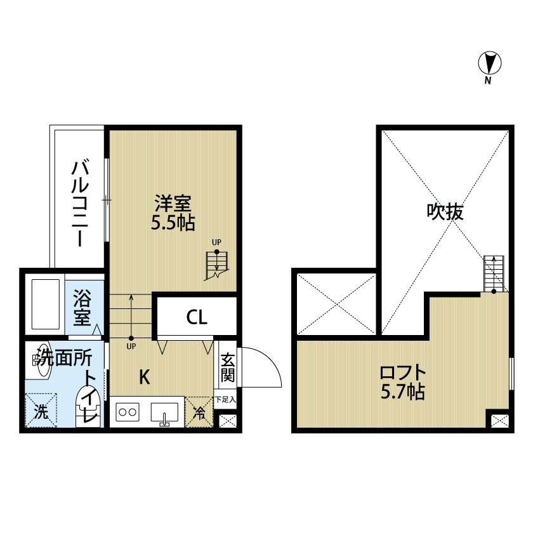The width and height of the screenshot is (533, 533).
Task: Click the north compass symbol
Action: coord(489,63)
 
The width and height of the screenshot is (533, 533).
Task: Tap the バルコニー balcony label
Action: coord(79,203)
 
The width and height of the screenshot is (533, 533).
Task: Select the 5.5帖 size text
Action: coord(173,223)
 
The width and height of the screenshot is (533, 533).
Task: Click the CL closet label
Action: coord(197,317)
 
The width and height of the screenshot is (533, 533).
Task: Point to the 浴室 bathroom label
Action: coord(82,308)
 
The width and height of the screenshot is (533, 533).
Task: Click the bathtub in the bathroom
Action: coord(44,305)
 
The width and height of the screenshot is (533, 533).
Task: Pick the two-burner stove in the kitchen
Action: coord(128,412)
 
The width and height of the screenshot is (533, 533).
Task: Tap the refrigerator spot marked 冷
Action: coord(199,413)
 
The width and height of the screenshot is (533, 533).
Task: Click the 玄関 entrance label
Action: coord(227,367)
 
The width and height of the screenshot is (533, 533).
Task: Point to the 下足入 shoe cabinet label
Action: coord(225,400)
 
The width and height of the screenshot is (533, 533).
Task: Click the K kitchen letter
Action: coord(145,377)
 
